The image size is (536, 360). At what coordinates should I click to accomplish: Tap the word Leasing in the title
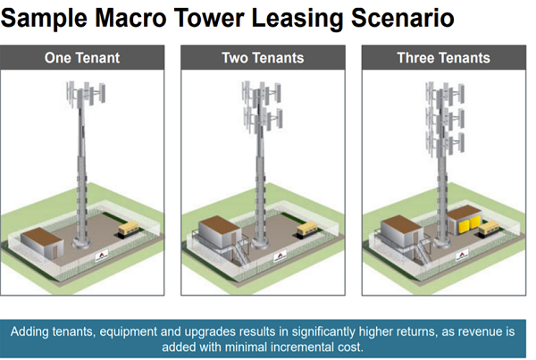tap(297, 19)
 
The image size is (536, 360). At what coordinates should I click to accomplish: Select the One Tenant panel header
tap(82, 57)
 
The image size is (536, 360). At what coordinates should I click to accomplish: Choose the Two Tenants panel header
tap(263, 57)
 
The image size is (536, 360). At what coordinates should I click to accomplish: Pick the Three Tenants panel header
tap(444, 57)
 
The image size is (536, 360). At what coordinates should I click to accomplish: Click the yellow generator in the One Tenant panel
tap(129, 229)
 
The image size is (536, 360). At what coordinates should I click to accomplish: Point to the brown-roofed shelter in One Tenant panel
tap(42, 241)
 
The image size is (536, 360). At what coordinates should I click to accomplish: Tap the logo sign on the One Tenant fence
tap(102, 255)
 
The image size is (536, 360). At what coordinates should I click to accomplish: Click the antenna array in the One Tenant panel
tap(86, 94)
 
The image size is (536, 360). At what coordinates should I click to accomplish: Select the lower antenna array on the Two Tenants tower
tap(263, 119)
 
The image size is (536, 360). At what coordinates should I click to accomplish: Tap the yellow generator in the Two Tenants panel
tap(306, 229)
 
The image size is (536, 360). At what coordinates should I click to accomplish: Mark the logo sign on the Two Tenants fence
tap(280, 256)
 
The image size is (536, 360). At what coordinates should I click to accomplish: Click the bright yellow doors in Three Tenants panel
tap(470, 225)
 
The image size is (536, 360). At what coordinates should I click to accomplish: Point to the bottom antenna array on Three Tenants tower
tap(445, 144)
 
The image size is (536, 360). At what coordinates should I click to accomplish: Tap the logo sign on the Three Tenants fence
tap(462, 255)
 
